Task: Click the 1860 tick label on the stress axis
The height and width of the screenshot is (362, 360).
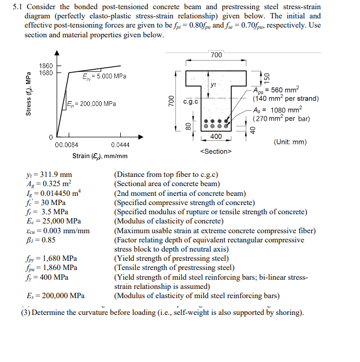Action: point(45,65)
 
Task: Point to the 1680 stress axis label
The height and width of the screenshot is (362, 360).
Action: point(45,73)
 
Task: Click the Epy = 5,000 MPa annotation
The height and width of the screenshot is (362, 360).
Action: point(104,76)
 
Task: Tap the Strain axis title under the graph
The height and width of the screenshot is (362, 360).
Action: point(100,156)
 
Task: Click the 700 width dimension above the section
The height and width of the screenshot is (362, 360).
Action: point(216,55)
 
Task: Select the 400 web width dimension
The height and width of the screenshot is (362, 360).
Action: point(216,136)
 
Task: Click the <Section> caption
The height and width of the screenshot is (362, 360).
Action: point(216,151)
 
